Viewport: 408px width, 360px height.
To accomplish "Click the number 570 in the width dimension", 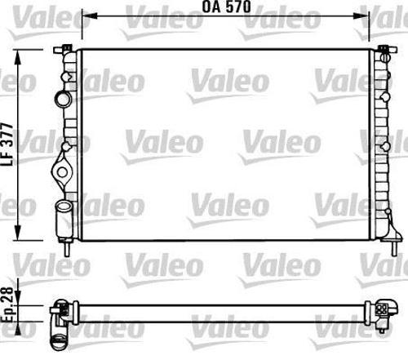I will click(237, 7).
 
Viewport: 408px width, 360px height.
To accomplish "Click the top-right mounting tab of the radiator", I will click(383, 52).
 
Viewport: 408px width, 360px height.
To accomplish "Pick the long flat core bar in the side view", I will click(220, 313).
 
